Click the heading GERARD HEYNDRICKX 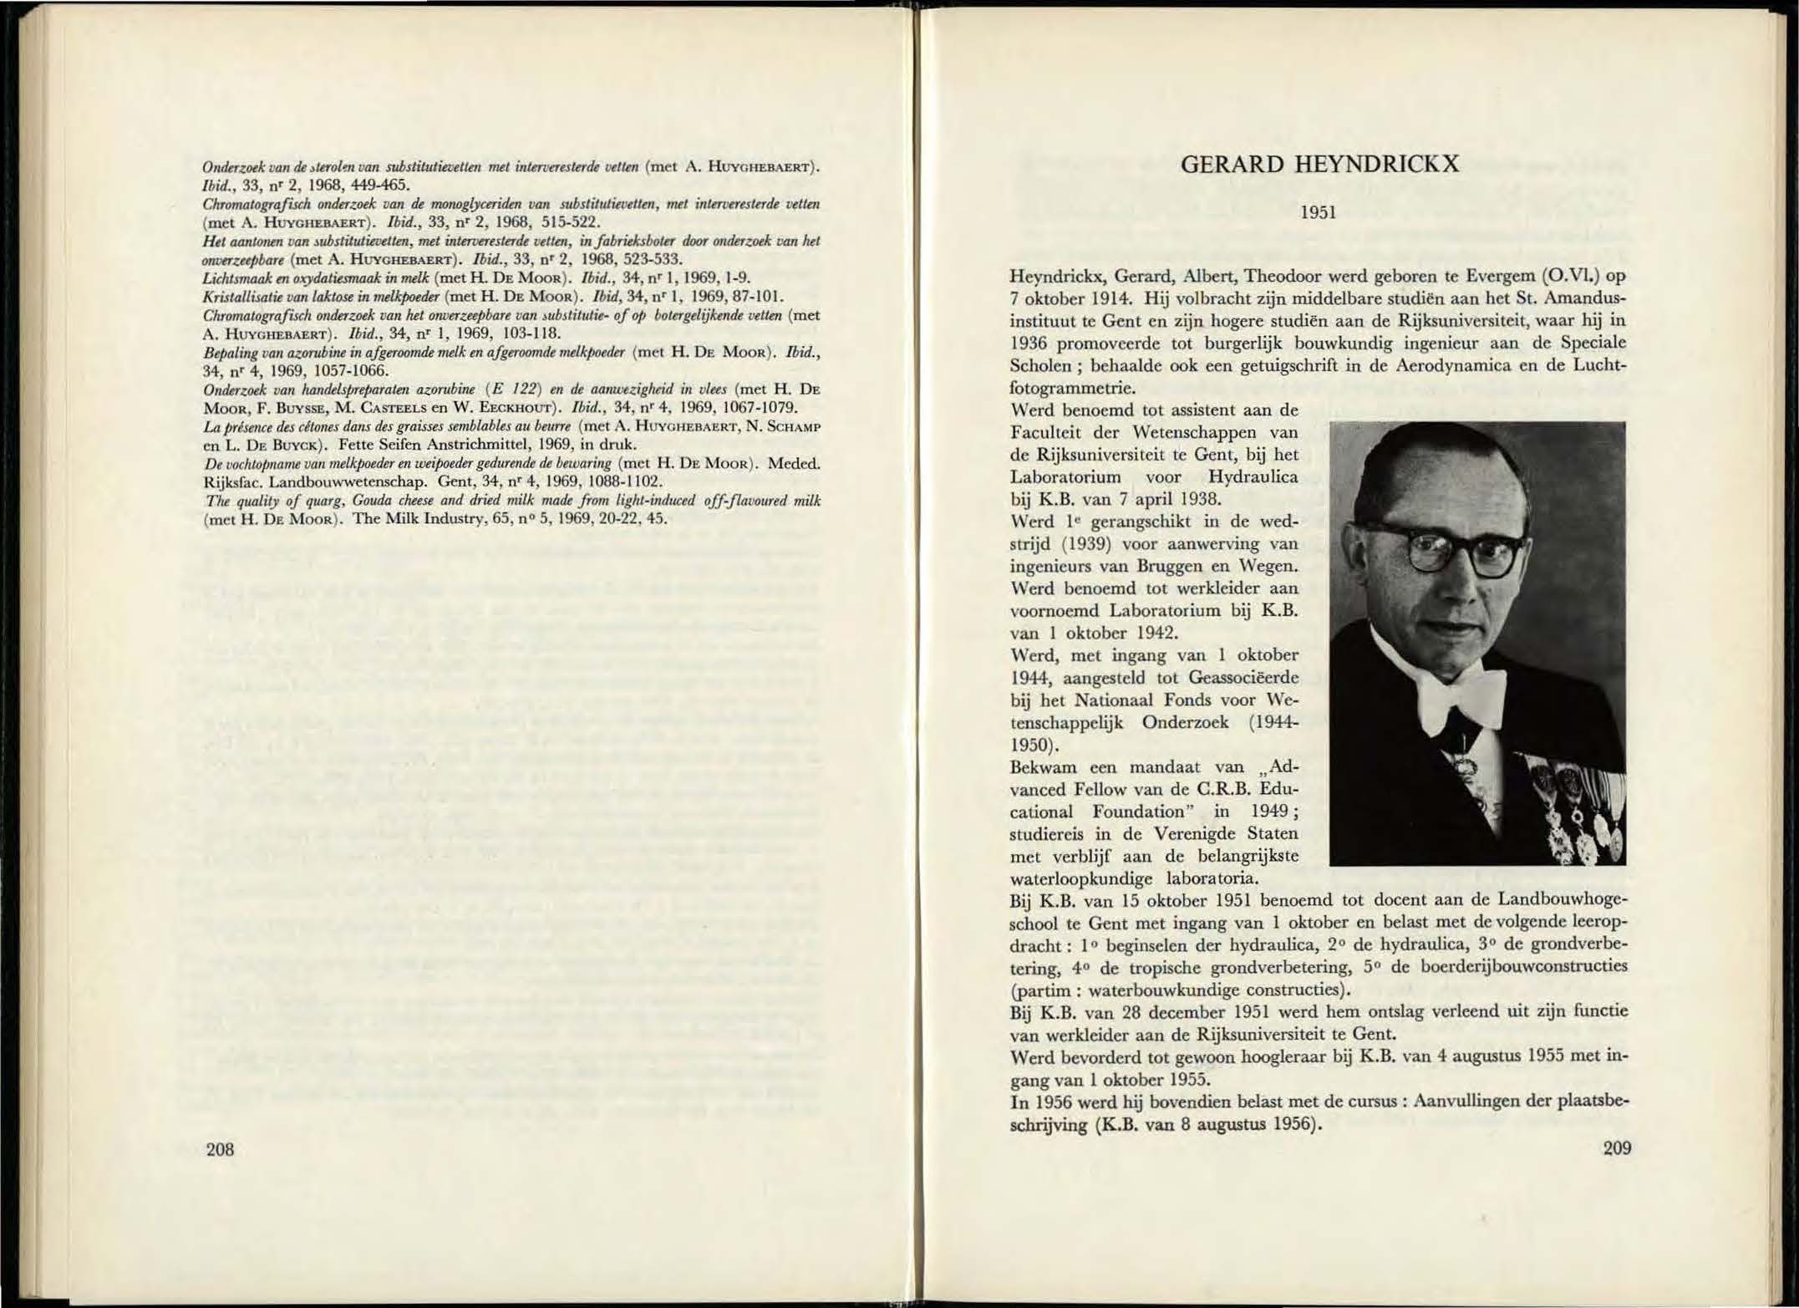(1319, 165)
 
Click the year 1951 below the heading (1319, 212)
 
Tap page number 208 (220, 1149)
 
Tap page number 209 (1617, 1148)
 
